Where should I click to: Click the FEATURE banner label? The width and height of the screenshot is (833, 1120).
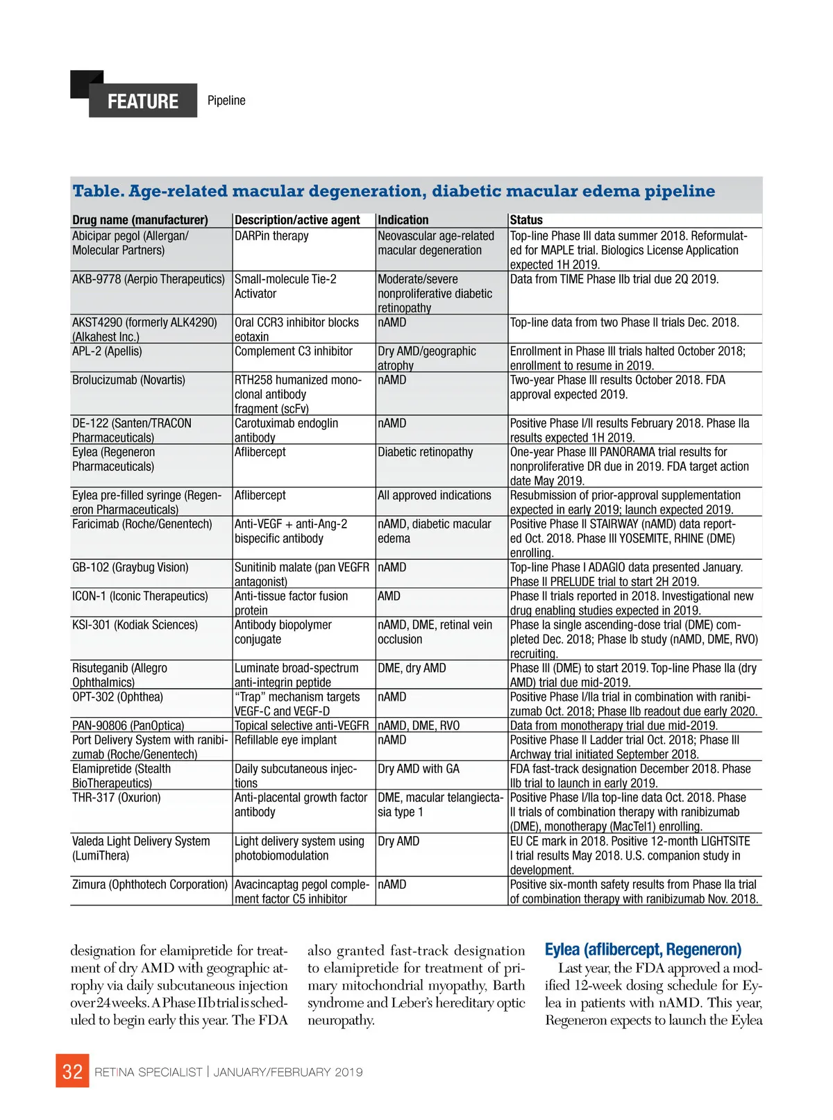point(143,101)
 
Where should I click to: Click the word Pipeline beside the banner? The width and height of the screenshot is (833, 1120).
point(226,101)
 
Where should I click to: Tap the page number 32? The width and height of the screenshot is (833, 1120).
point(72,1071)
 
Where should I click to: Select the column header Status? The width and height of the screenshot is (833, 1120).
point(526,220)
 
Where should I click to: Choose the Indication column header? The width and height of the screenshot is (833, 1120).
point(403,220)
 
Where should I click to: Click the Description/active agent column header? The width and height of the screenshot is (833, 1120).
point(297,220)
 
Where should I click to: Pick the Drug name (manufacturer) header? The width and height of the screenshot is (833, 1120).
point(140,220)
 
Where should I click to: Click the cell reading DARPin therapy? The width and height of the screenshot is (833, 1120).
point(271,236)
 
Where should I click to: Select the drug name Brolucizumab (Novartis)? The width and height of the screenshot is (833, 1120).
point(128,381)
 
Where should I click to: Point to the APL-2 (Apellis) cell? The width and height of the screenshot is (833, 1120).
point(107,351)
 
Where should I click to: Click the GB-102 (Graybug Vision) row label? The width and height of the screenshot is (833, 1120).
point(131,567)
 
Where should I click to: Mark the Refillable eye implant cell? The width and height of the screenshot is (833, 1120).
point(285,740)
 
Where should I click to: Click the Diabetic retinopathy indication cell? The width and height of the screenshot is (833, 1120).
point(425,452)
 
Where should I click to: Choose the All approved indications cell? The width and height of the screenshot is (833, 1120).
point(434,496)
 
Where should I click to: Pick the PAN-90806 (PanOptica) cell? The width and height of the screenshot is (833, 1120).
point(128,726)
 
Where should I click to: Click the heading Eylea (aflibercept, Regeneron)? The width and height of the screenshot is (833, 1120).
point(643,949)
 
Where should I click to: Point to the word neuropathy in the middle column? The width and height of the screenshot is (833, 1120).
point(340,1020)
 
